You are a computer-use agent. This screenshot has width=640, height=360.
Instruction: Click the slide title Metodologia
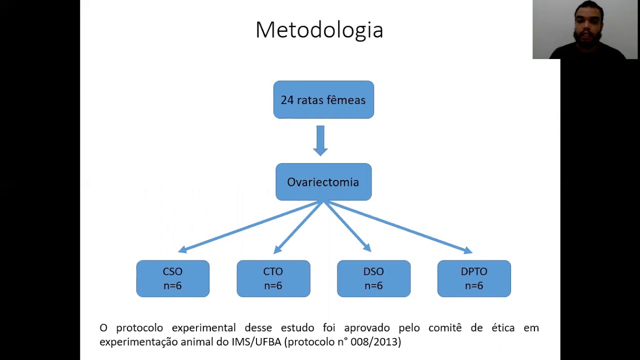[x=319, y=30]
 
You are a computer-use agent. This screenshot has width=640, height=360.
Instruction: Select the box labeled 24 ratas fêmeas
[x=323, y=99]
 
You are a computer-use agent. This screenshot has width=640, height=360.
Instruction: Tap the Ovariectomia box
[x=323, y=181]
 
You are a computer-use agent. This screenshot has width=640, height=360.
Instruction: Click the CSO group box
[x=173, y=278]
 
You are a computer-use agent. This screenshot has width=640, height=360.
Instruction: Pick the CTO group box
[x=273, y=278]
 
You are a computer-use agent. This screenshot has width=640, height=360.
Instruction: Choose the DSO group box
[x=373, y=278]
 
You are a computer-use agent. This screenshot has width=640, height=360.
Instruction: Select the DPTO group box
[x=474, y=278]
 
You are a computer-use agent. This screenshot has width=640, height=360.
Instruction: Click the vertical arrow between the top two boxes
[x=320, y=140]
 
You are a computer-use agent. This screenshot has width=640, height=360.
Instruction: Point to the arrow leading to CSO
[x=250, y=226]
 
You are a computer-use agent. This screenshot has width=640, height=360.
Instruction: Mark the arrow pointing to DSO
[x=347, y=226]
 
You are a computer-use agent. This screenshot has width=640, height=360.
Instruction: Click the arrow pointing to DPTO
[x=398, y=227]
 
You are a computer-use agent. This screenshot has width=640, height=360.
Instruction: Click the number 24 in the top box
[x=287, y=100]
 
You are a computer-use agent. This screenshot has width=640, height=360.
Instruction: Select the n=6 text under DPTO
[x=474, y=285]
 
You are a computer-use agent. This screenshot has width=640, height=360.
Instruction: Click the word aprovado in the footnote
[x=367, y=328]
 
